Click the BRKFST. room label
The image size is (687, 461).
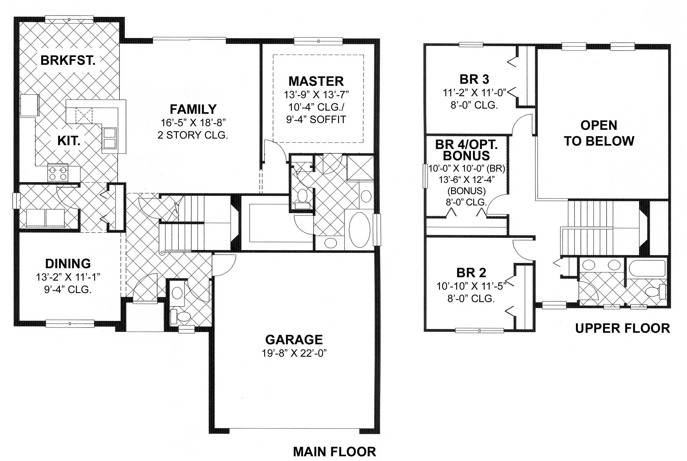[x=68, y=60]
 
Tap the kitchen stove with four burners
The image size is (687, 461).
[x=58, y=173]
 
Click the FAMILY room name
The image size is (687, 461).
[x=193, y=109]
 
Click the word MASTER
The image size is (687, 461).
[x=316, y=81]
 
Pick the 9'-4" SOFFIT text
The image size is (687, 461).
[x=316, y=120]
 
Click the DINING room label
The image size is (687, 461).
[x=68, y=264]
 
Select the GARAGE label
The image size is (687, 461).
[x=294, y=340]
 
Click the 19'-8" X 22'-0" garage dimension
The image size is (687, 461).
[x=294, y=353]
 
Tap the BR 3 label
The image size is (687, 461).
[x=474, y=79]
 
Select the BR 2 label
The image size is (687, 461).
[x=471, y=273]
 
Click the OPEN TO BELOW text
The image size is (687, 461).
[x=599, y=133]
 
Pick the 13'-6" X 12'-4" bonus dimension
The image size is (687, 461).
[x=467, y=180]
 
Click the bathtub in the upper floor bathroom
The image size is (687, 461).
[x=647, y=268]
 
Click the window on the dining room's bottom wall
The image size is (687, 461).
[x=70, y=324]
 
